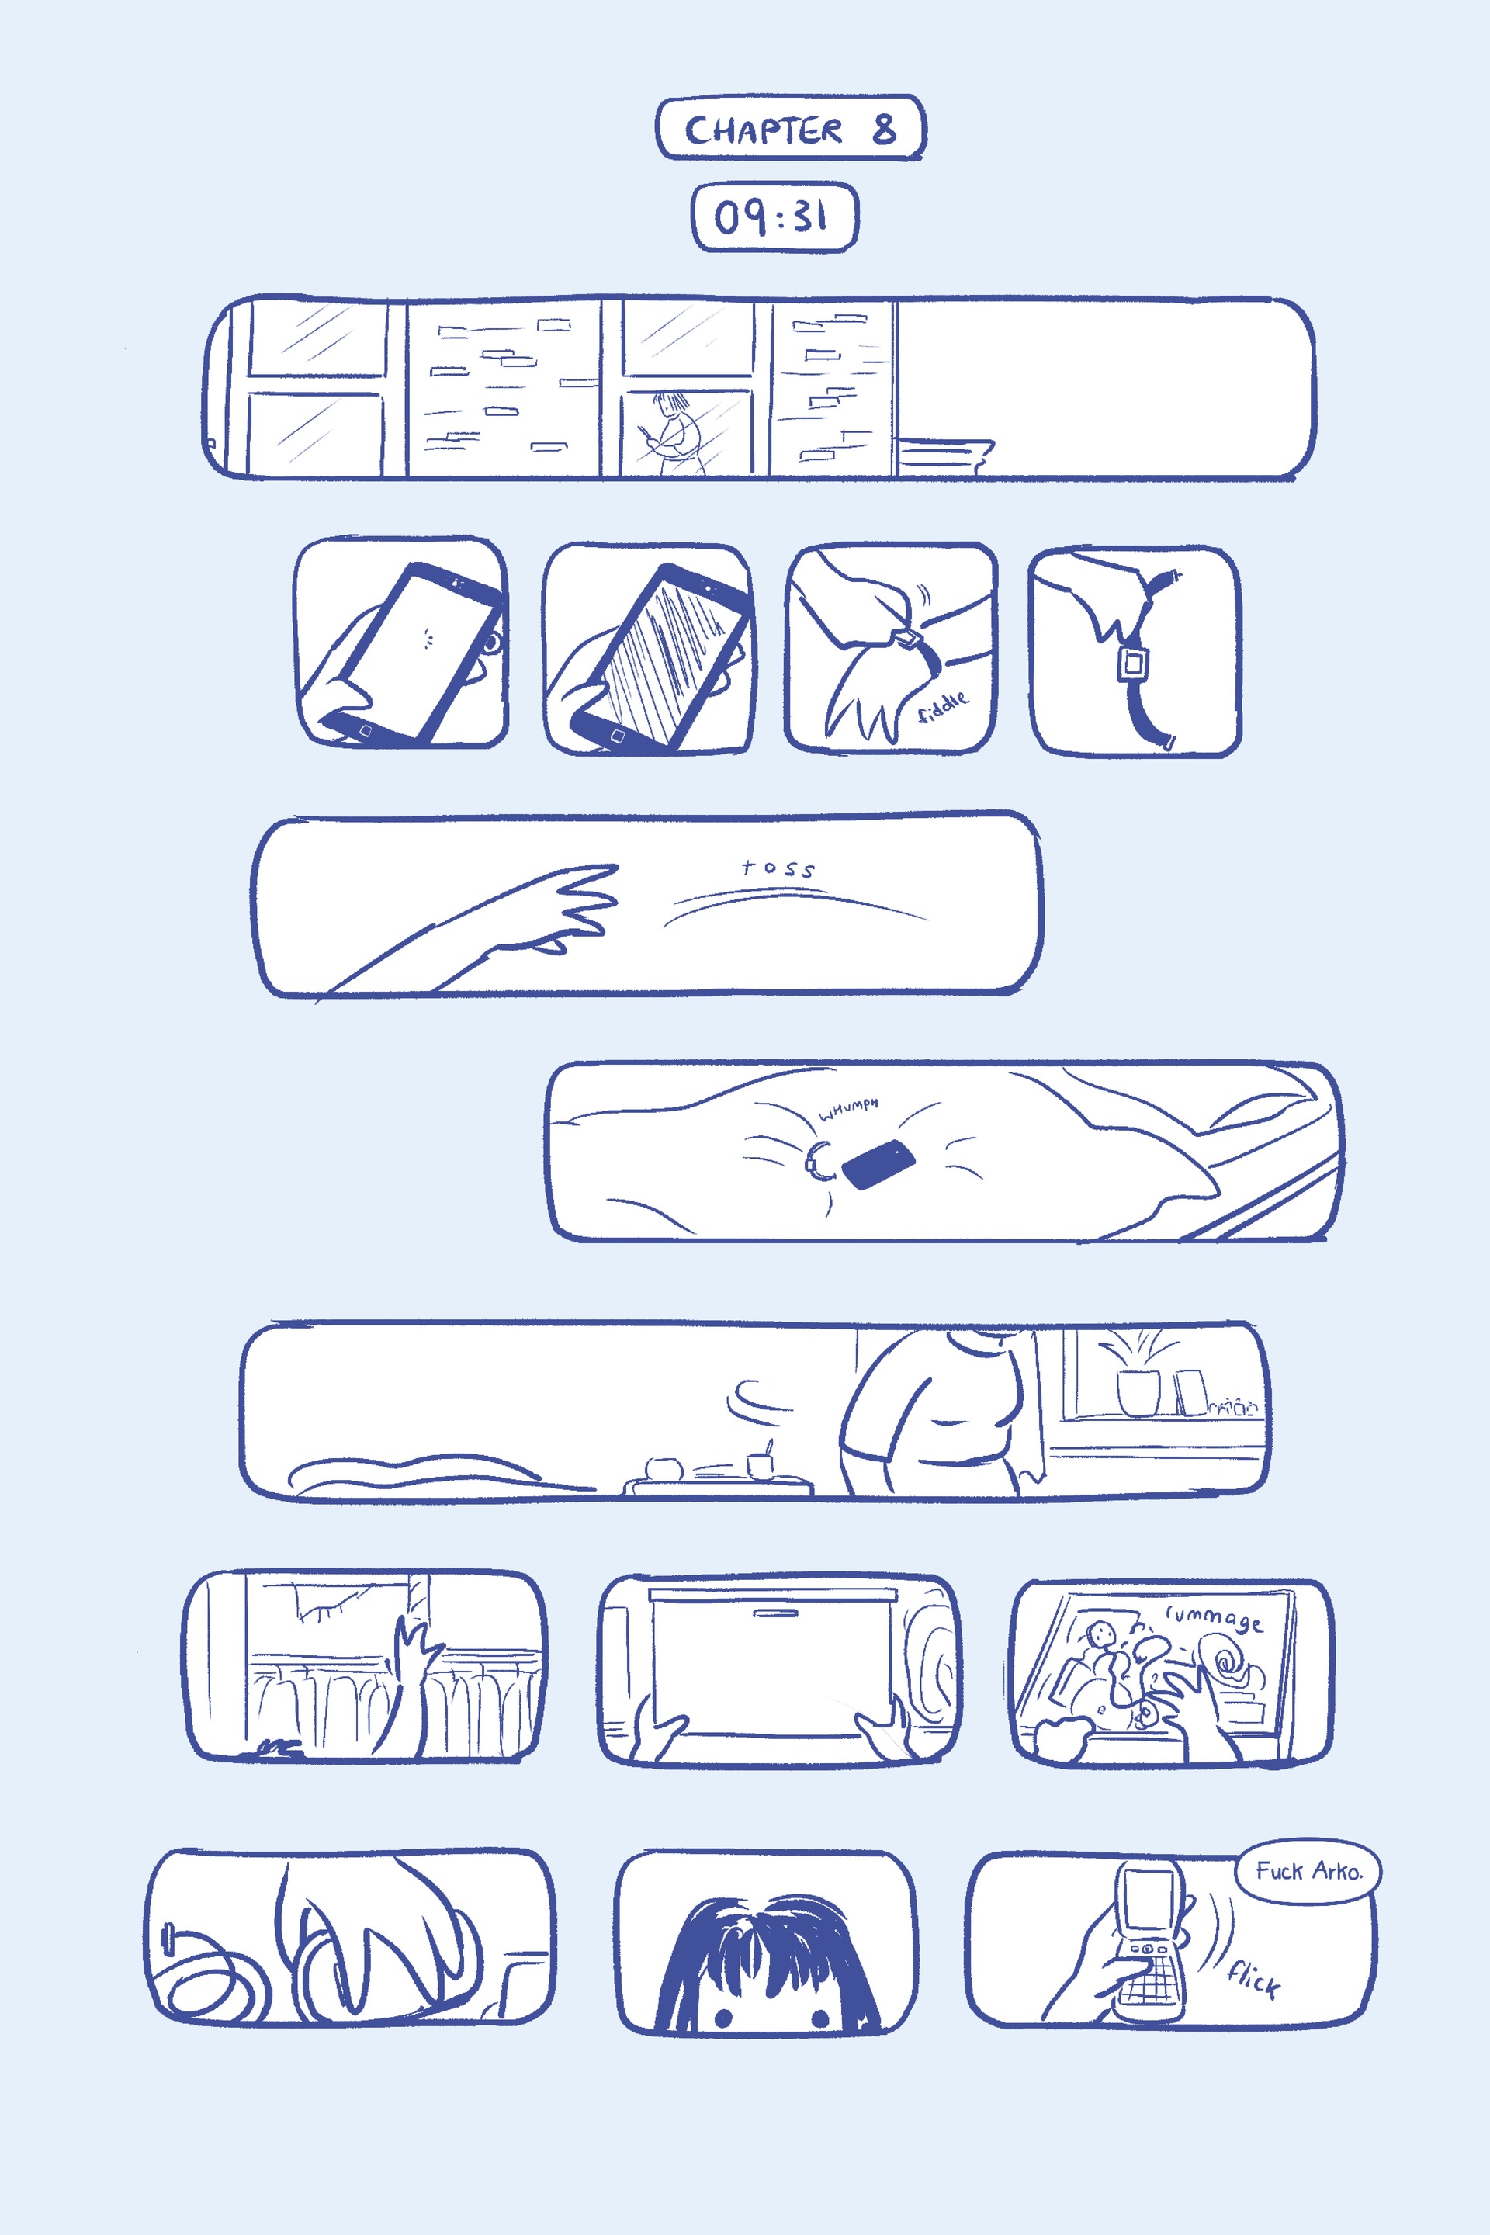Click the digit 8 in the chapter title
coord(884,128)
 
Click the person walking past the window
coord(674,432)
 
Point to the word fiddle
coord(943,706)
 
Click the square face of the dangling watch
coord(1131,662)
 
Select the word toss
coord(778,868)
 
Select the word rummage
coord(1215,1618)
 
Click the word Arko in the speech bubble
coord(1337,1872)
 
